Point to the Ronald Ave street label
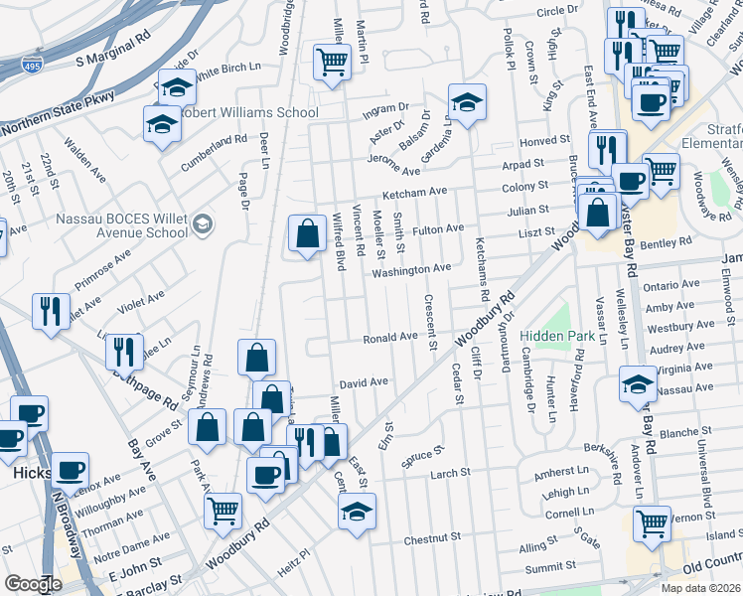(389, 337)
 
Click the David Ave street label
(363, 381)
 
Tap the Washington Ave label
(411, 269)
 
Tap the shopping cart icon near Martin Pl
(332, 62)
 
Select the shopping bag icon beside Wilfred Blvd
(308, 234)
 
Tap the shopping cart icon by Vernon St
(652, 522)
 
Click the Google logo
(33, 584)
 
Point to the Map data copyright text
(700, 588)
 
